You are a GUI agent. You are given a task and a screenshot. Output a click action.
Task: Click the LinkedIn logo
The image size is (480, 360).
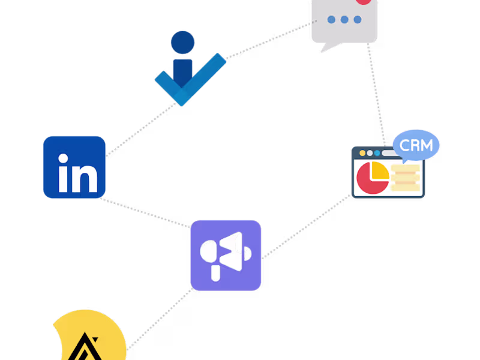coord(74,167)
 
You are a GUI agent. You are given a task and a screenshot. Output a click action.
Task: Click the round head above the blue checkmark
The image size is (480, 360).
coord(182,43)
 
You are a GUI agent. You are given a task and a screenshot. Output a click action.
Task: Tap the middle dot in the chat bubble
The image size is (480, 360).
coord(344,20)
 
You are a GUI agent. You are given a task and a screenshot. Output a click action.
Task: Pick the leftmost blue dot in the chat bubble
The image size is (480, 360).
coord(331,20)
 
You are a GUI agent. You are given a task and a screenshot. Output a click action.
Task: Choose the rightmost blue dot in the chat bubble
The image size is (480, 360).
coord(358,20)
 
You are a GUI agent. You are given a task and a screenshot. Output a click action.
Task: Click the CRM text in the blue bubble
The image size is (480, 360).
coord(416,145)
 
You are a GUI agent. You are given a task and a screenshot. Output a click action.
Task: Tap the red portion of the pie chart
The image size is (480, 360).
coord(370,181)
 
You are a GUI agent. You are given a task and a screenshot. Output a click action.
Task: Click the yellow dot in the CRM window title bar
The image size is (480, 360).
coord(362,154)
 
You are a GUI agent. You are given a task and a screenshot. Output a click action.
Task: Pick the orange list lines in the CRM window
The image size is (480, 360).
coord(406,178)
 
